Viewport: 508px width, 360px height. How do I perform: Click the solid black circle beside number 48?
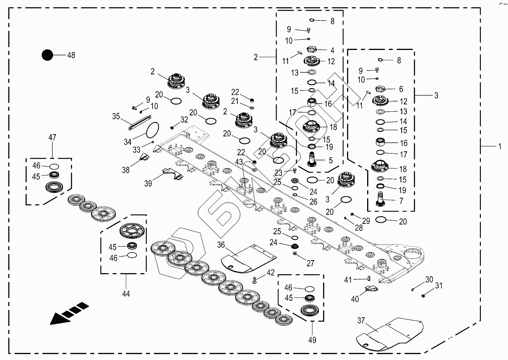(47, 55)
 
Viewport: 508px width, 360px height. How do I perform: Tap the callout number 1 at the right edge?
(499, 146)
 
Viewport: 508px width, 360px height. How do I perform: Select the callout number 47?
(52, 137)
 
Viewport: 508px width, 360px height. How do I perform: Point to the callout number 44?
(126, 293)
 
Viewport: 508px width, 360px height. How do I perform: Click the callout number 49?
(313, 340)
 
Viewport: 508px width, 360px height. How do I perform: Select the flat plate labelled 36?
(248, 258)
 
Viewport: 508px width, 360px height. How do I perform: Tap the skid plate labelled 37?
(390, 334)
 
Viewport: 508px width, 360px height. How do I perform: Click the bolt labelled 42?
(254, 280)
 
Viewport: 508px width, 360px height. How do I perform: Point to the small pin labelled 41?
(369, 279)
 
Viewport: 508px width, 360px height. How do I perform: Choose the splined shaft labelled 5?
(314, 161)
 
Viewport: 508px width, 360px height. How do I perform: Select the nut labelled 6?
(380, 89)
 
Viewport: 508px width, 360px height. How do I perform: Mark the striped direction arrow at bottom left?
(69, 313)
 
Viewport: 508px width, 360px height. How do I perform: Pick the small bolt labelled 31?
(423, 295)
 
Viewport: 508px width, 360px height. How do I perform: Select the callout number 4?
(333, 50)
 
